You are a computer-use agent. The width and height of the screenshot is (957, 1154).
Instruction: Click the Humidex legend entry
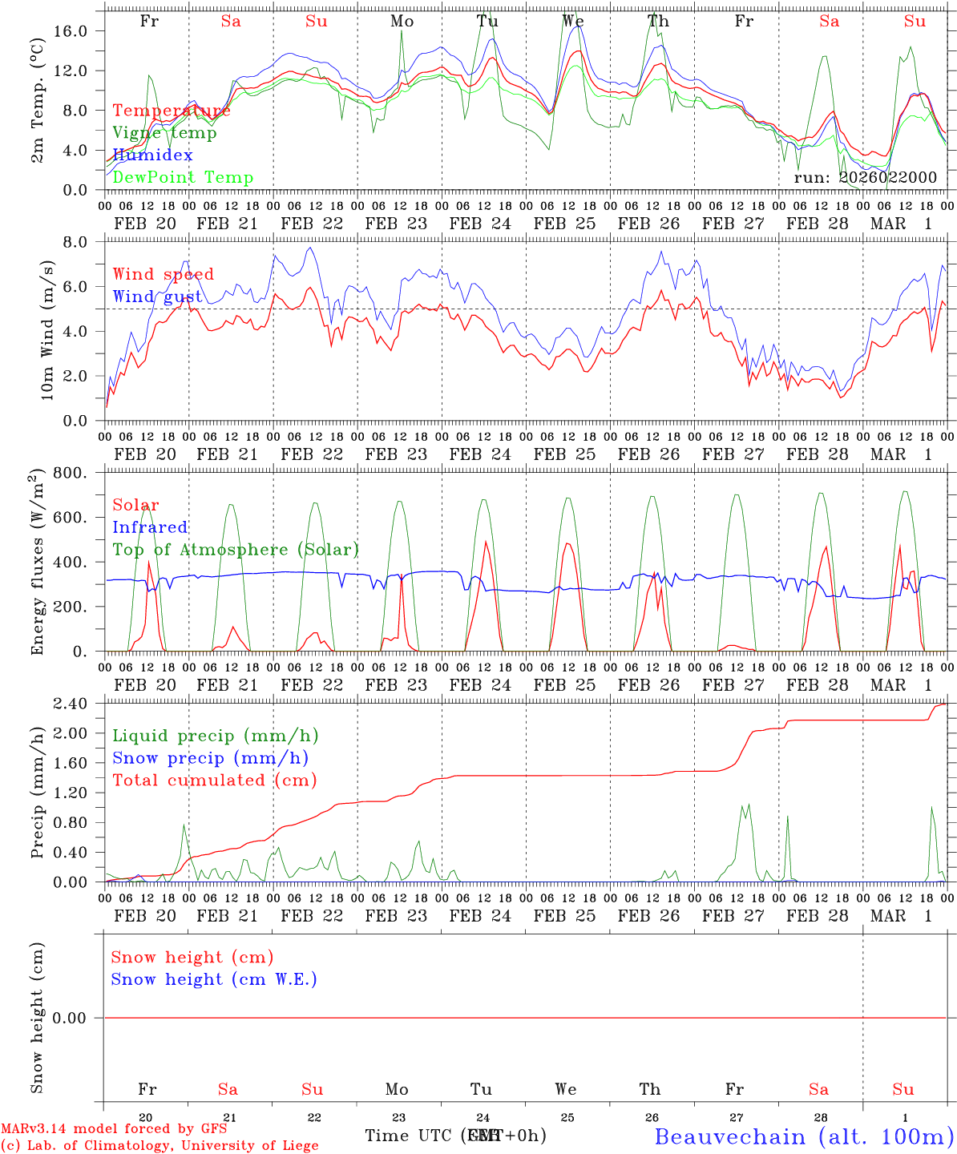[152, 155]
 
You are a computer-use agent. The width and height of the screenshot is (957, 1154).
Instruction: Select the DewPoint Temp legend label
[183, 178]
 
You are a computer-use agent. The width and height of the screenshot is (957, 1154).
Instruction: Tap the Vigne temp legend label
[164, 133]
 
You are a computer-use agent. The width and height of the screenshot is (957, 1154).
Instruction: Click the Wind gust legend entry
[157, 297]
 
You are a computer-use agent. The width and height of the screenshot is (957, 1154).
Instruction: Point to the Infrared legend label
[150, 527]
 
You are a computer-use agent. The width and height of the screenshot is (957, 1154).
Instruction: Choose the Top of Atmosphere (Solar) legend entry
[236, 550]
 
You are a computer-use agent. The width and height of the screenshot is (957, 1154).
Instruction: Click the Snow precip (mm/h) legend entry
[210, 758]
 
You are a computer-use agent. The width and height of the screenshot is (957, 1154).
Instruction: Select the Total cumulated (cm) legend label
[214, 780]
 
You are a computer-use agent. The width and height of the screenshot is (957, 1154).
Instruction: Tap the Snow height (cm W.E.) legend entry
[214, 979]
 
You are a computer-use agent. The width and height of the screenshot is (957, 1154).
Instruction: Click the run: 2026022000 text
[865, 178]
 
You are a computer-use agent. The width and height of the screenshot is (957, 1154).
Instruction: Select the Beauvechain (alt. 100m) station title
[804, 1136]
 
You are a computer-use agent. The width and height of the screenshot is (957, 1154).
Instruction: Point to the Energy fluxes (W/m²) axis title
[38, 563]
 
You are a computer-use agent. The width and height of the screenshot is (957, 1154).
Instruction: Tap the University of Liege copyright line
[159, 1146]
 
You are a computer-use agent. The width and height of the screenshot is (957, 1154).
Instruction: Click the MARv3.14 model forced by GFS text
[114, 1129]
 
